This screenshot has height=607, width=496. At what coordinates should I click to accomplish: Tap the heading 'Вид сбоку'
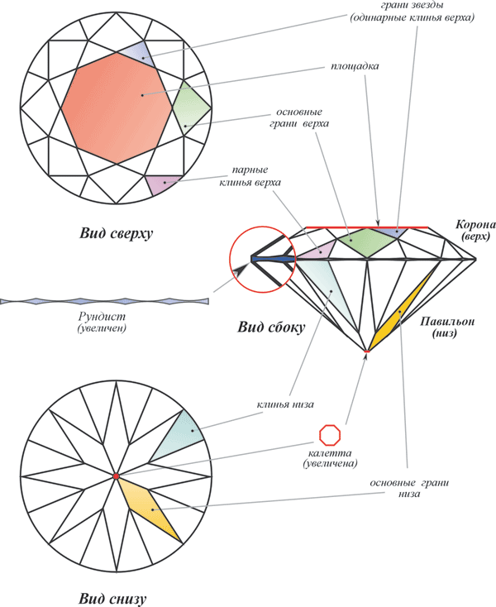pyautogui.click(x=271, y=327)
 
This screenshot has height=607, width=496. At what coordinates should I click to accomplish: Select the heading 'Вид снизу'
pyautogui.click(x=118, y=597)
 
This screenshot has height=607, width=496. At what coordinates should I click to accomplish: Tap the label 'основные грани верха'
pyautogui.click(x=299, y=117)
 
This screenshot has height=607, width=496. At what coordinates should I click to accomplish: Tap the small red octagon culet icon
pyautogui.click(x=329, y=434)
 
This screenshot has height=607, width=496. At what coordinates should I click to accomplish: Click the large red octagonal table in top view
pyautogui.click(x=116, y=108)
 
